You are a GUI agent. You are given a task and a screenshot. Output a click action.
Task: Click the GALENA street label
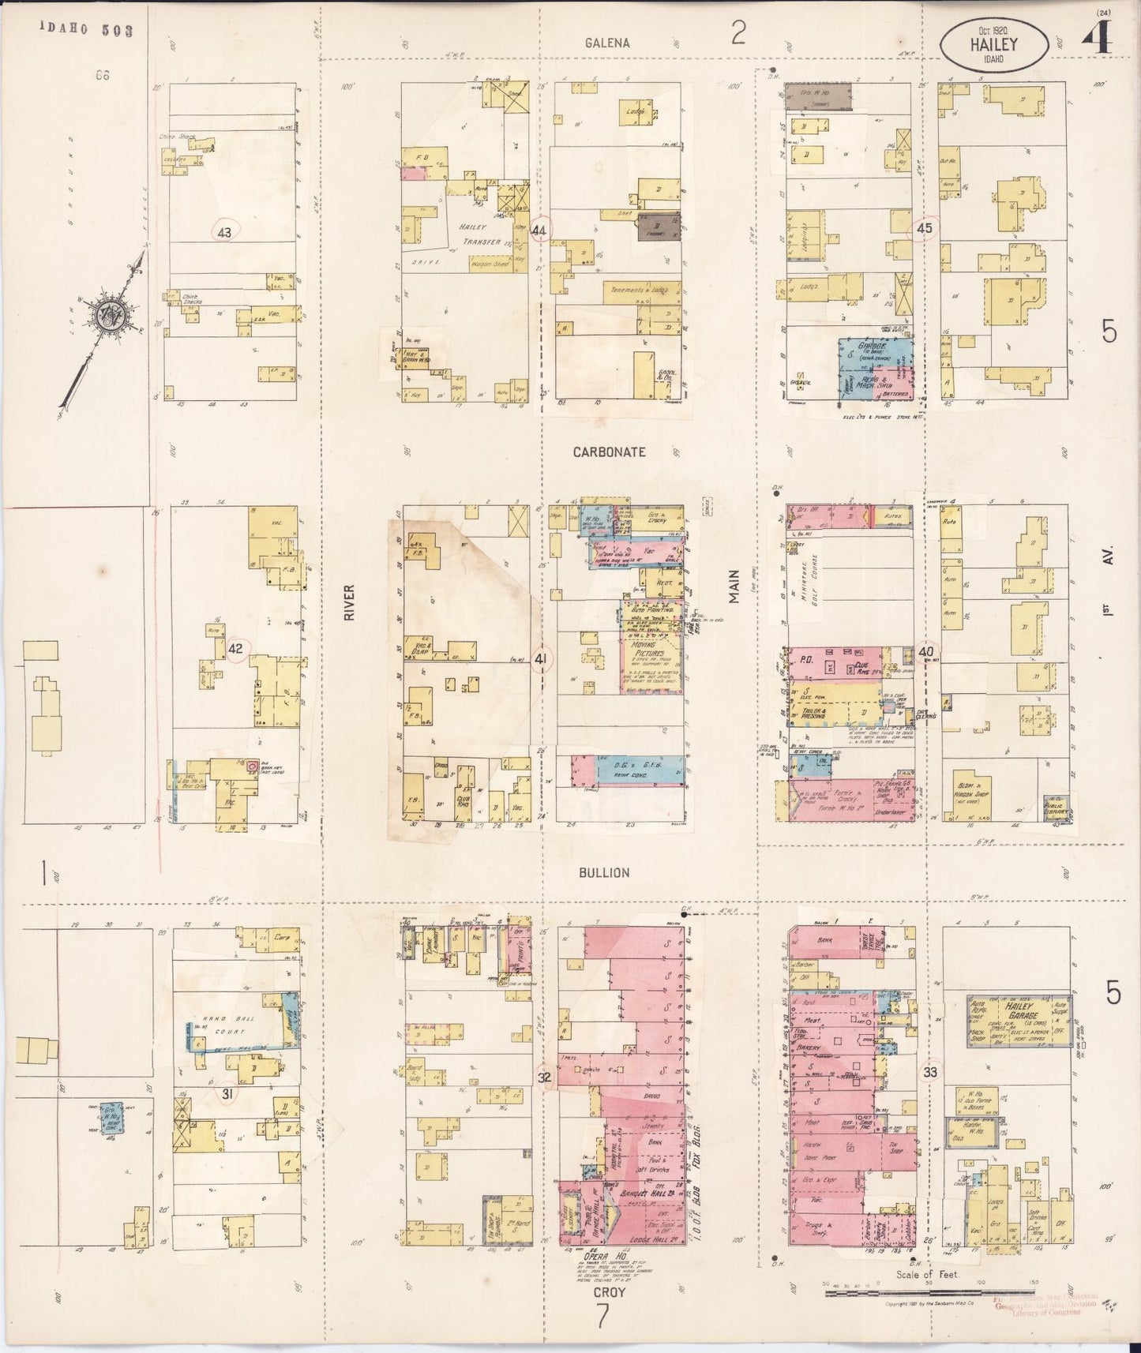click(607, 43)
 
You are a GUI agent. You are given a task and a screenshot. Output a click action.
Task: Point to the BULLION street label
click(604, 872)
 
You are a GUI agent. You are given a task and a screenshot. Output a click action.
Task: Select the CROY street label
click(609, 1292)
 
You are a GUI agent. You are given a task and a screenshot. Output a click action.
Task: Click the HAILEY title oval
click(993, 44)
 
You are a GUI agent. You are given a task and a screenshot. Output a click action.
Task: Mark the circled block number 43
click(225, 232)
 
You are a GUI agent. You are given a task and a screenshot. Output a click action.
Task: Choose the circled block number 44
click(540, 230)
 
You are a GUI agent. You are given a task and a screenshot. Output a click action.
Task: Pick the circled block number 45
click(925, 229)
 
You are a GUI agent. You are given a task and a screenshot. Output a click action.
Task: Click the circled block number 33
click(930, 1073)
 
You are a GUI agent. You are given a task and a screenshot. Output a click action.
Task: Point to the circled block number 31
click(227, 1093)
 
